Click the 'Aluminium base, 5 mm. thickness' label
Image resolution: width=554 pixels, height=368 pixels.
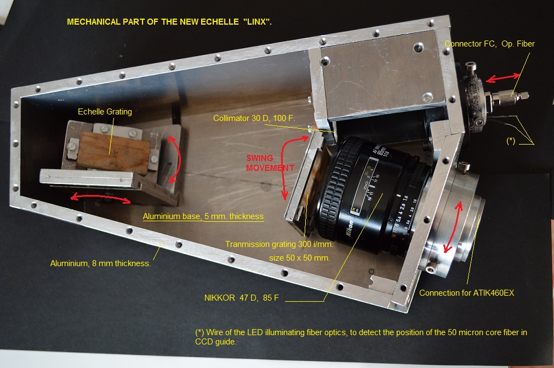point(203,216)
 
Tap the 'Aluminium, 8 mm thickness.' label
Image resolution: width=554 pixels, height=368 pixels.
point(100,263)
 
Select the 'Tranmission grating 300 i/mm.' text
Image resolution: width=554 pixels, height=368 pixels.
point(279,244)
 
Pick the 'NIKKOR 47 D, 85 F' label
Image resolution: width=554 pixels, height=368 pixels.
point(241,298)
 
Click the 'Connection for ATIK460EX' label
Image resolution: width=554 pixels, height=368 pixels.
point(466,293)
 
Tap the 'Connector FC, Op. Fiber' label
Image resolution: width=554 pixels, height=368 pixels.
point(489,44)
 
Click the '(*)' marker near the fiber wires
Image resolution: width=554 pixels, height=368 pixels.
point(511,141)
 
